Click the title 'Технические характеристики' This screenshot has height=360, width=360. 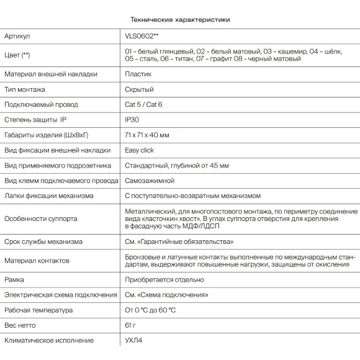pyautogui.click(x=180, y=19)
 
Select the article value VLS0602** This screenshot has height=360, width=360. pyautogui.click(x=141, y=37)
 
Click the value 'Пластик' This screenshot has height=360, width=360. pyautogui.click(x=138, y=74)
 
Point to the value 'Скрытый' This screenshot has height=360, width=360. pyautogui.click(x=139, y=89)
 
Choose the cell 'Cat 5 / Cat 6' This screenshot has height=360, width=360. pyautogui.click(x=143, y=104)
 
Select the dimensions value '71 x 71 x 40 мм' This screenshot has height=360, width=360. pyautogui.click(x=147, y=135)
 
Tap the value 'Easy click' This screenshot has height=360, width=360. pyautogui.click(x=140, y=150)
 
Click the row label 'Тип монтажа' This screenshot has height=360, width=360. pyautogui.click(x=24, y=89)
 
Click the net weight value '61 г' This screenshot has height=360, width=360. pyautogui.click(x=130, y=325)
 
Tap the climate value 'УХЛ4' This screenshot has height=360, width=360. pyautogui.click(x=133, y=341)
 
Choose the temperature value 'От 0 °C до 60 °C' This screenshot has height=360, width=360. pyautogui.click(x=150, y=310)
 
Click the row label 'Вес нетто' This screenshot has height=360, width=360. pyautogui.click(x=21, y=325)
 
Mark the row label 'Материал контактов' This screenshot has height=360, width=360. pyautogui.click(x=37, y=260)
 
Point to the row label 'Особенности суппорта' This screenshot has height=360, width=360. pyautogui.click(x=40, y=218)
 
